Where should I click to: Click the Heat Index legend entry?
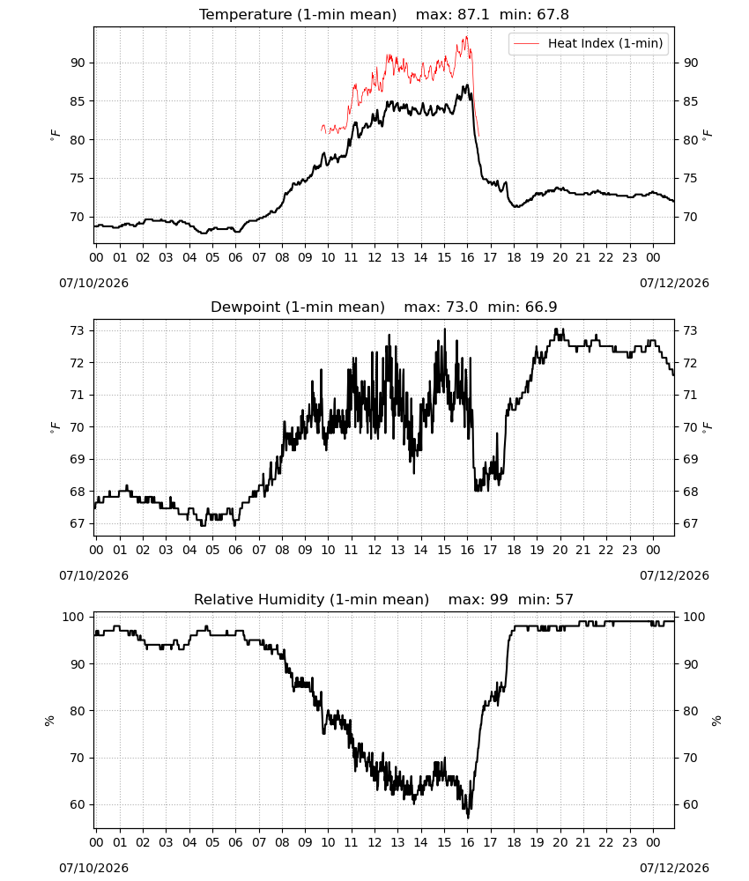click(589, 43)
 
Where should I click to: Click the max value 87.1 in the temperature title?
click(474, 15)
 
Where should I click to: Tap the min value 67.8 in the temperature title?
click(552, 15)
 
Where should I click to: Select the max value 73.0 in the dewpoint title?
click(462, 307)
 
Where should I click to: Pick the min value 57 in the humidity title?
click(564, 599)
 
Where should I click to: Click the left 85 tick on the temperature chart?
click(78, 101)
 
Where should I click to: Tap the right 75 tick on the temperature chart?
click(691, 179)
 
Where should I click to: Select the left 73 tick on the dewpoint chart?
click(78, 331)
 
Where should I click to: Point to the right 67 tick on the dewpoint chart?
click(691, 523)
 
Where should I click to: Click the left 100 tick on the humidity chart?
click(74, 617)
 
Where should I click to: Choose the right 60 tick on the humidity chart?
click(691, 804)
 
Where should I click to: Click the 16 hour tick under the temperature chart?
click(467, 258)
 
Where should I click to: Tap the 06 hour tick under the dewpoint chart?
click(235, 550)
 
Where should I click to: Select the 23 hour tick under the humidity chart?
click(629, 842)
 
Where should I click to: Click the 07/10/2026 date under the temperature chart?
click(93, 283)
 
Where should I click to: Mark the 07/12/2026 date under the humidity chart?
click(674, 868)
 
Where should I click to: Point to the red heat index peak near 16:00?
click(466, 37)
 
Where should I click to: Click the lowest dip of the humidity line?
click(469, 818)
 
